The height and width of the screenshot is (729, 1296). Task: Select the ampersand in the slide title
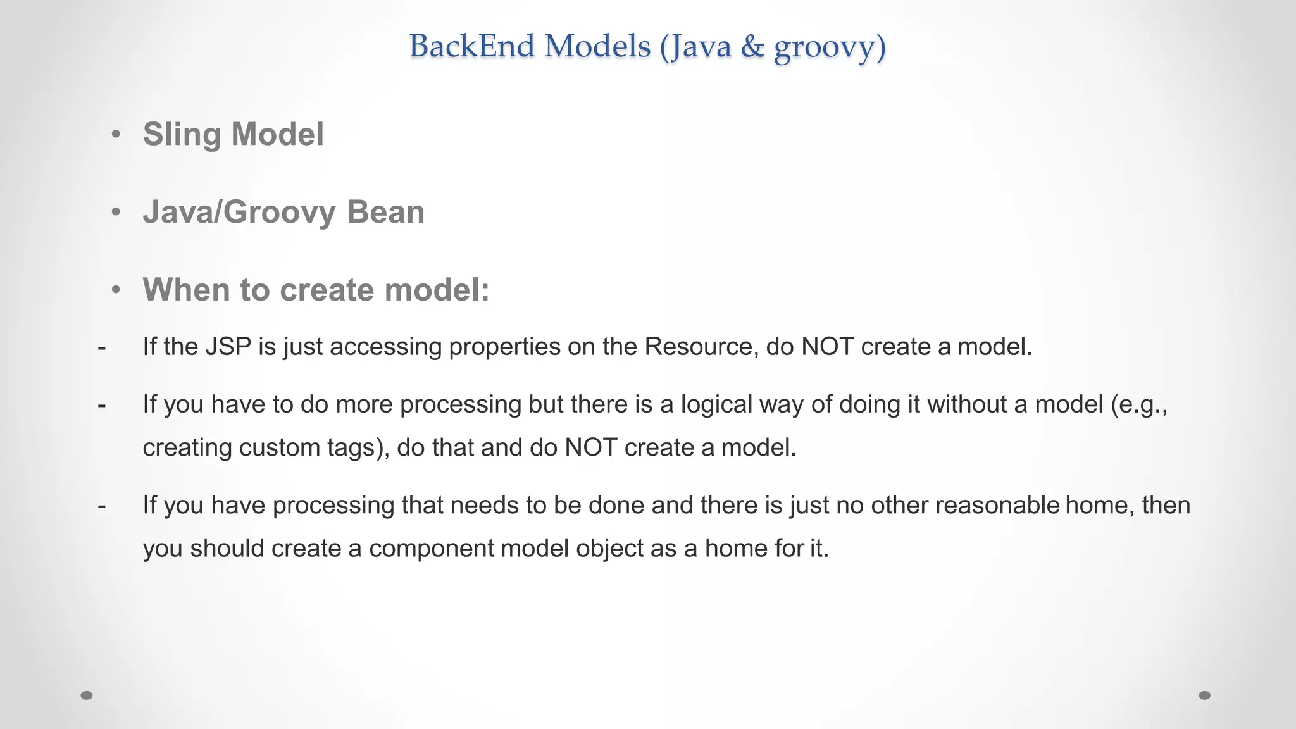pyautogui.click(x=752, y=47)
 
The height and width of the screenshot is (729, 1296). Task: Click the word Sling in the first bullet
pyautogui.click(x=182, y=134)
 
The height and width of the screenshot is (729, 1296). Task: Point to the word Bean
pyautogui.click(x=385, y=212)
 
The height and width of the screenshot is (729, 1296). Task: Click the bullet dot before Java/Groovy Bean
pyautogui.click(x=115, y=212)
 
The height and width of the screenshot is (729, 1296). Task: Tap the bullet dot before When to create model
pyautogui.click(x=115, y=290)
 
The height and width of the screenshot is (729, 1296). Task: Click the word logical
pyautogui.click(x=716, y=404)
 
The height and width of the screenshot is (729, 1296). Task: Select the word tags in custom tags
pyautogui.click(x=354, y=448)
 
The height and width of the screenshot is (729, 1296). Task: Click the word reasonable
pyautogui.click(x=997, y=505)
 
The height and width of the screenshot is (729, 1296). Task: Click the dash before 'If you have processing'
pyautogui.click(x=102, y=505)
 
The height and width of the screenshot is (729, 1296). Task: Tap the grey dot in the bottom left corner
pyautogui.click(x=87, y=695)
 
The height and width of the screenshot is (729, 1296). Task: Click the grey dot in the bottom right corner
pyautogui.click(x=1205, y=695)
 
